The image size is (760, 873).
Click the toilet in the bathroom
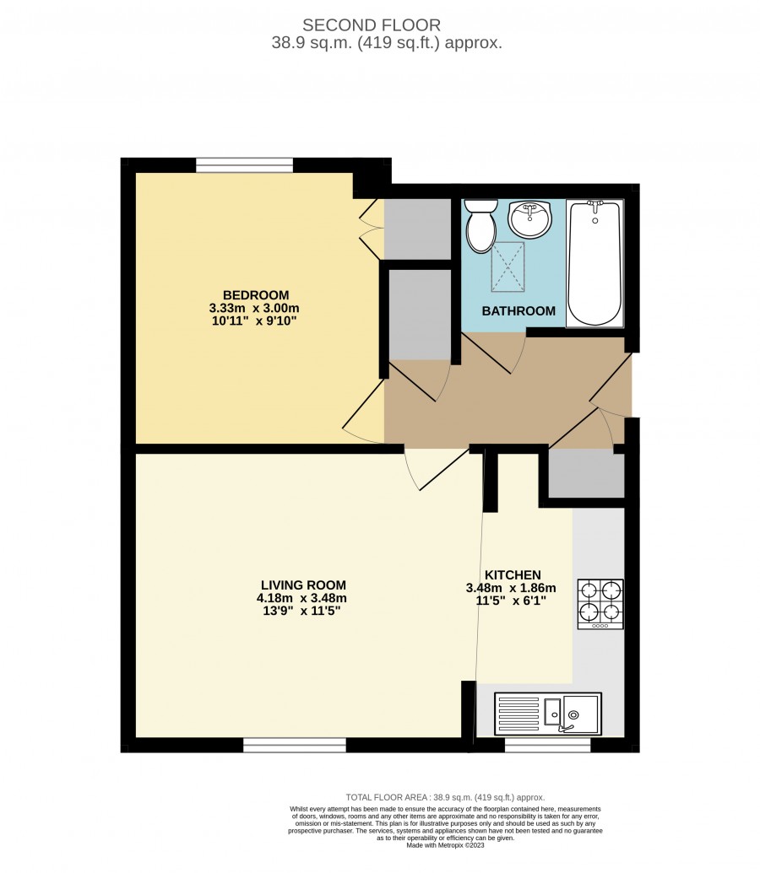(480, 226)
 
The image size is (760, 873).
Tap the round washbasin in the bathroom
(529, 218)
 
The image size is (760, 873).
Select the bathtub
(595, 263)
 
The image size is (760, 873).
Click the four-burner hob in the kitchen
(600, 605)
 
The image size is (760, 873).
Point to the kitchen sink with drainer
(547, 714)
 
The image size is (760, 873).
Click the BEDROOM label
(256, 295)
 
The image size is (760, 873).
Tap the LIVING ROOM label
(303, 585)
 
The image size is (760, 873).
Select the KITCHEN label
(513, 575)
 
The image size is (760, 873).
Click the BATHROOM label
(518, 311)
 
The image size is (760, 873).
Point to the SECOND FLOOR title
(372, 25)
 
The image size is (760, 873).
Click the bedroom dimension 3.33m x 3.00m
(254, 308)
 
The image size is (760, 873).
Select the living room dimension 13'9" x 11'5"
(301, 611)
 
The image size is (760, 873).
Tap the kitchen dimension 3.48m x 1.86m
(511, 588)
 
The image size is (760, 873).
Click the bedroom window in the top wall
(244, 165)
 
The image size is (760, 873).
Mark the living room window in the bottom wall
(295, 745)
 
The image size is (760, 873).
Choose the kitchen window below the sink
(547, 745)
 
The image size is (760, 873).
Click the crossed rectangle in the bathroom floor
(508, 267)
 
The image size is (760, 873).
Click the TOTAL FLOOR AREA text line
(445, 797)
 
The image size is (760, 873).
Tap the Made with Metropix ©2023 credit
(445, 845)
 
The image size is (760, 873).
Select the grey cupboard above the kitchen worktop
(586, 473)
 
